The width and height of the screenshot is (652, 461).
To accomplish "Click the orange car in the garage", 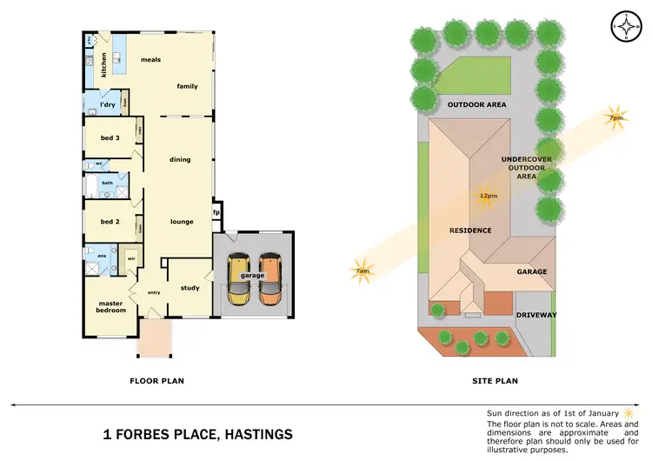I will (x=270, y=280).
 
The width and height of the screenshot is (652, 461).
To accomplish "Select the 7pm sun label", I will (x=615, y=117).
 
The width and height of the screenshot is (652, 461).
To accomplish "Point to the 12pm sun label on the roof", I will (x=488, y=196).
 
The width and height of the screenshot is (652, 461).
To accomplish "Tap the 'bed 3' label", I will (x=110, y=137).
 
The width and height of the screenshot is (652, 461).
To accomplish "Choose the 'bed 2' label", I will (x=110, y=222).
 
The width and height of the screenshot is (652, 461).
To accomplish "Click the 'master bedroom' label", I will (x=110, y=307).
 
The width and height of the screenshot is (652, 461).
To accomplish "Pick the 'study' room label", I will (x=190, y=288).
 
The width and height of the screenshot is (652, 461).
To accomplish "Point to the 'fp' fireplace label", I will (x=217, y=211).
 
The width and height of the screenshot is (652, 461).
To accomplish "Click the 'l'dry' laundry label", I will (x=108, y=104).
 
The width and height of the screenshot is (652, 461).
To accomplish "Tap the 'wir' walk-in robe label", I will (x=132, y=257).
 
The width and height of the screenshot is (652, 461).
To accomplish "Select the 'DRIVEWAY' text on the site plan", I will (x=536, y=315).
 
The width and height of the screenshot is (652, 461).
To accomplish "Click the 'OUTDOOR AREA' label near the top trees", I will (x=476, y=104).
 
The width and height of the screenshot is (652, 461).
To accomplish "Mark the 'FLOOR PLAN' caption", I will (x=156, y=380).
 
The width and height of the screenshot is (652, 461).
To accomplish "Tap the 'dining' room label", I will (x=179, y=159).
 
